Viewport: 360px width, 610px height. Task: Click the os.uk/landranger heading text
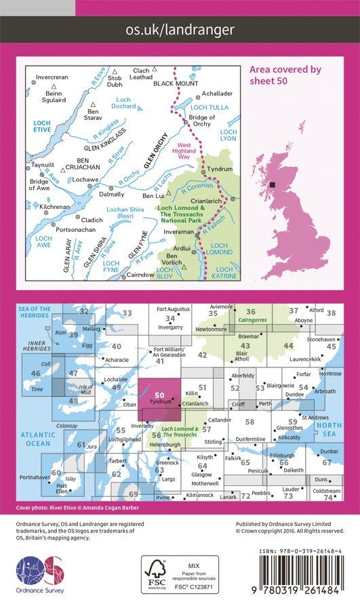(x=180, y=29)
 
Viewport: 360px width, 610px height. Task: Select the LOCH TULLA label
(x=205, y=107)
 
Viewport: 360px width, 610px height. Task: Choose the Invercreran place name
(x=52, y=77)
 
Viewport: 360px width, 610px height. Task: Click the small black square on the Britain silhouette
(x=272, y=184)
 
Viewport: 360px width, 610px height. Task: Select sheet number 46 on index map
(x=35, y=373)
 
